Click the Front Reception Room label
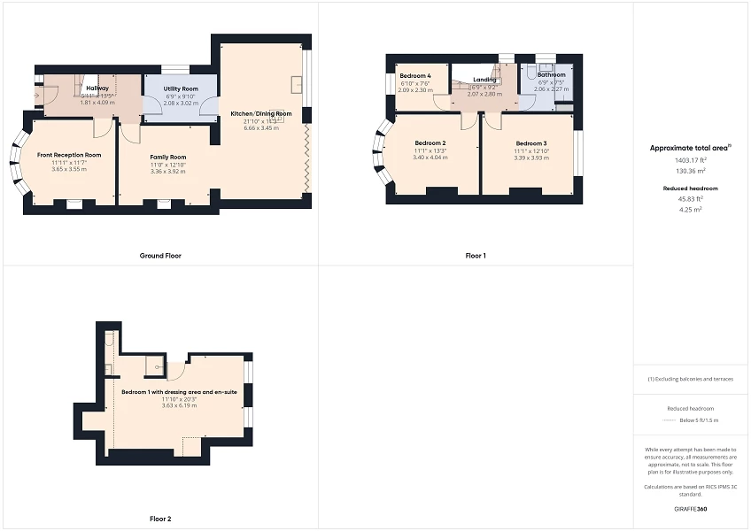(69, 155)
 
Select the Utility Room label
(180, 88)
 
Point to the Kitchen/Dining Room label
(261, 114)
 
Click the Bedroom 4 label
(414, 76)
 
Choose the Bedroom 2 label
(430, 143)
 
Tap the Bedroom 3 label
(531, 143)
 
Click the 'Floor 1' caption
(476, 256)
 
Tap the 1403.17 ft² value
(691, 160)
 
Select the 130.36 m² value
(691, 171)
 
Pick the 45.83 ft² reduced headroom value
(691, 199)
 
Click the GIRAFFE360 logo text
(691, 509)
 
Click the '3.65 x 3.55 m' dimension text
(69, 168)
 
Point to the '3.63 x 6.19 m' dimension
(179, 405)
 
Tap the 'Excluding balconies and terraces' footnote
(691, 379)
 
